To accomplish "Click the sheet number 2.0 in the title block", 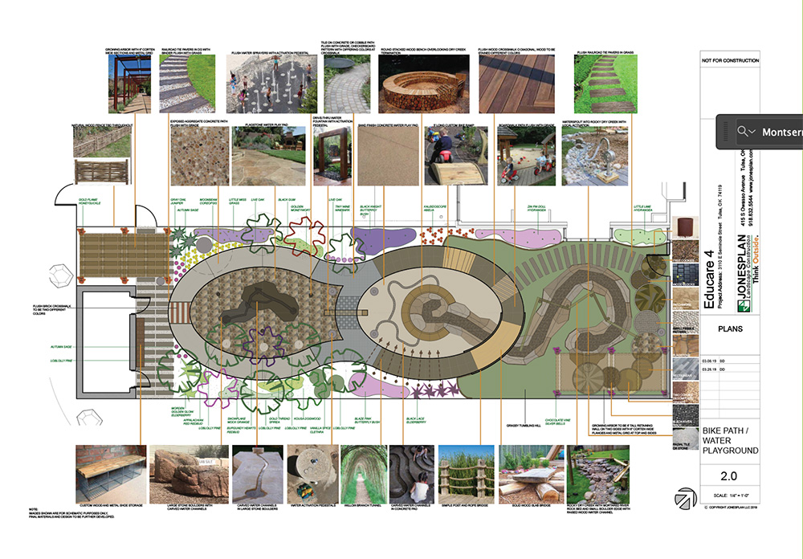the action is tap(728, 475).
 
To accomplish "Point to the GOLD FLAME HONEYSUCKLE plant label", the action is tap(95, 200).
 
